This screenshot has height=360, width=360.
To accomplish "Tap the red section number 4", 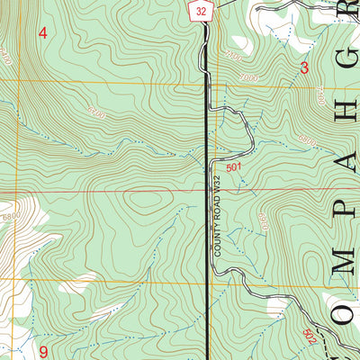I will point(40,33).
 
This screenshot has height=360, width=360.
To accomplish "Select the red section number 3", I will point(304,67).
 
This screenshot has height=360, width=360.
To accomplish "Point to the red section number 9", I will point(42,350).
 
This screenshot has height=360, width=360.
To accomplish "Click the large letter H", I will point(346,72).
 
